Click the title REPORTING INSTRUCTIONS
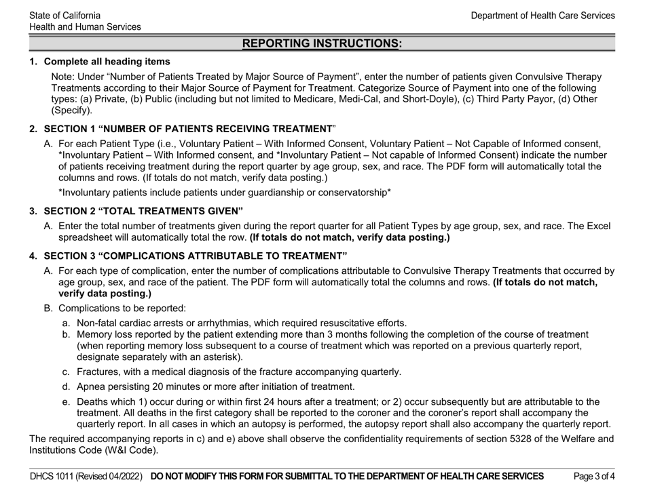coord(322,43)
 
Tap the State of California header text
coord(66,15)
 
